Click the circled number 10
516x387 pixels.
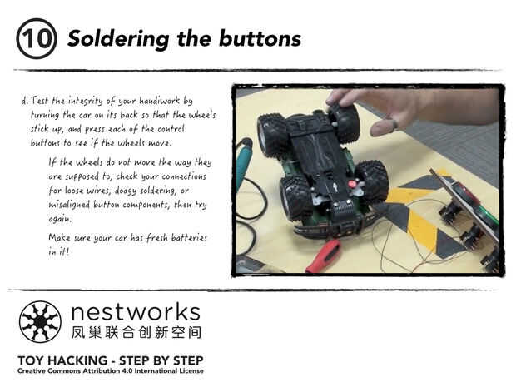36,38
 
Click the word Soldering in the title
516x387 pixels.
118,39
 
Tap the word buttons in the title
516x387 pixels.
260,38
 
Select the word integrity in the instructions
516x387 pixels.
85,101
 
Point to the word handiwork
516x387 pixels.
159,100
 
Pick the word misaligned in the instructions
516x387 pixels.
69,205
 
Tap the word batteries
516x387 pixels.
189,237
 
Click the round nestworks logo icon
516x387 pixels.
40,321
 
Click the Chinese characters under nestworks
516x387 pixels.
136,332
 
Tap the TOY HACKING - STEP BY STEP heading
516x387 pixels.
111,360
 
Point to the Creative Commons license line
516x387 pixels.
111,371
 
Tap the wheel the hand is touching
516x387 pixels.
343,122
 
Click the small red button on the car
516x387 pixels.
352,184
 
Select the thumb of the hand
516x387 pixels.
384,127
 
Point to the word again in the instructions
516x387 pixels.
60,219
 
